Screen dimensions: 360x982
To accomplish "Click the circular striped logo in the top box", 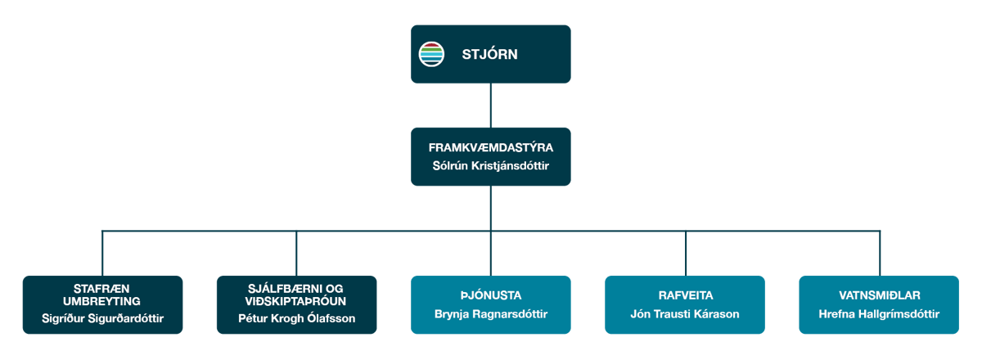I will pos(431,54).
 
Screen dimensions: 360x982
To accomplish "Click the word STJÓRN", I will pos(490,55).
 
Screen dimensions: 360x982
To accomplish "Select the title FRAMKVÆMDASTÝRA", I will pos(491,148).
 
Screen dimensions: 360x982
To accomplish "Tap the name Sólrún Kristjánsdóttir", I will pos(491,166).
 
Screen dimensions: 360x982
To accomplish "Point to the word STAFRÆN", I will pos(102,288).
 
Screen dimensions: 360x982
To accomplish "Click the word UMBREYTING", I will pos(102,300).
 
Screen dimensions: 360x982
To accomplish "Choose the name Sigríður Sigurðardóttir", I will pos(102,317).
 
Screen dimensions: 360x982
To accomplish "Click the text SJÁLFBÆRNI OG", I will pos(296,288).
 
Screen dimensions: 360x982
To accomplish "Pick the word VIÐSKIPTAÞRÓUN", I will pos(296,300).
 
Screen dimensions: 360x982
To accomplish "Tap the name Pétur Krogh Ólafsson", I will pos(296,317).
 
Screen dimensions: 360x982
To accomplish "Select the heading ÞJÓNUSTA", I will pos(491,295).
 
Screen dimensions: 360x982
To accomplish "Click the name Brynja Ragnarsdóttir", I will pos(491,314).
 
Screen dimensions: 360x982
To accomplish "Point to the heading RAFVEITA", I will pos(685,295).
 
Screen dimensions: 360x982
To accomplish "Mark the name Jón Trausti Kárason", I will pos(685,314).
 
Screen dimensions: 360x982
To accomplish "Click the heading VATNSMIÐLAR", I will pos(879,295).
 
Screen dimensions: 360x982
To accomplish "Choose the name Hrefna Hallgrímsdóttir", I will pos(879,314).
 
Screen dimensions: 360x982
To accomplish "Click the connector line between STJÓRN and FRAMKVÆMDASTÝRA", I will pos(491,105).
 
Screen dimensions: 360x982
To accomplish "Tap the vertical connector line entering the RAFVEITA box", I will pos(685,253).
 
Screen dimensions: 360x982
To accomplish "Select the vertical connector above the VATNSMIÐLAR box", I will pos(880,253).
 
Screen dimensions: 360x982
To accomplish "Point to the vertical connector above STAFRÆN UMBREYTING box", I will pos(102,253).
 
